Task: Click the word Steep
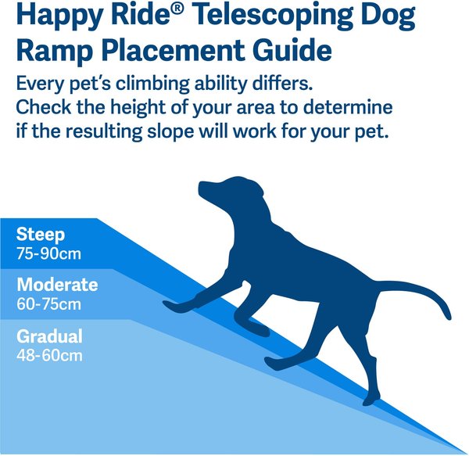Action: click(40, 235)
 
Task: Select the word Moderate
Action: click(57, 285)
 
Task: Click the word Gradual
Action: click(49, 337)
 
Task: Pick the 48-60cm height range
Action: click(49, 355)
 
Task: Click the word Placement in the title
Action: click(173, 52)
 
